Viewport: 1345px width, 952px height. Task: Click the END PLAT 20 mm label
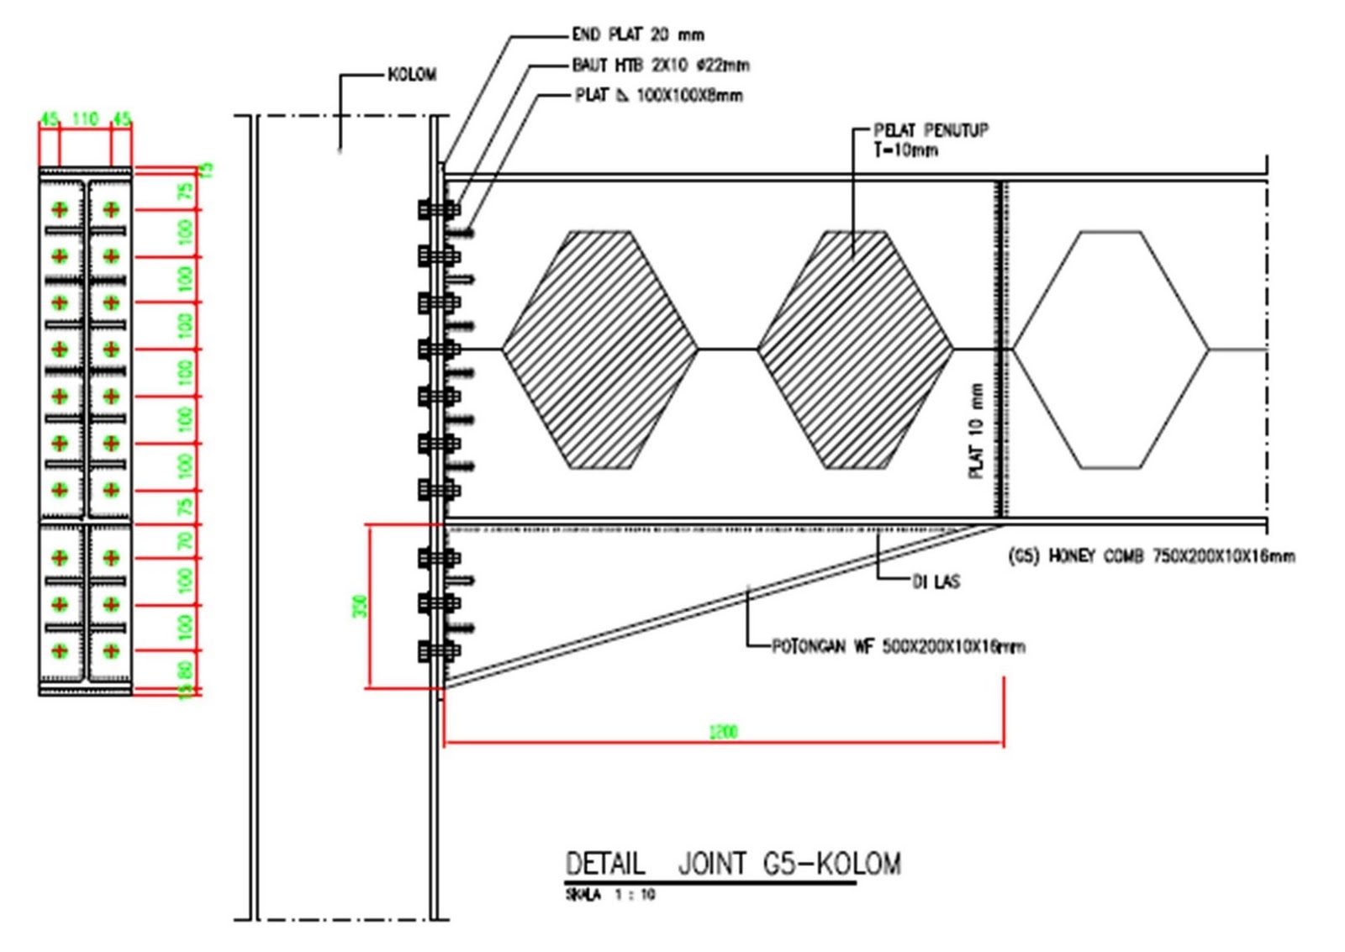pyautogui.click(x=637, y=34)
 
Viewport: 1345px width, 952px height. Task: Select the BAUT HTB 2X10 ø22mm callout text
pyautogui.click(x=660, y=65)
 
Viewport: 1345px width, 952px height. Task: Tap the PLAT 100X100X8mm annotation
pyautogui.click(x=658, y=95)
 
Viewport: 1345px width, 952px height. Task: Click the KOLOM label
pyautogui.click(x=412, y=75)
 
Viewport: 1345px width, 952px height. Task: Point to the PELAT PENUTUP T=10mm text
pyautogui.click(x=930, y=139)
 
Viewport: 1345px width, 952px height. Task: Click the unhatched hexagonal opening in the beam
pyautogui.click(x=1110, y=349)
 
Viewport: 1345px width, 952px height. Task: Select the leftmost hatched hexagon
pyautogui.click(x=599, y=349)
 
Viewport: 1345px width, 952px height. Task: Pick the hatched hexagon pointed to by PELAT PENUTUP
pyautogui.click(x=855, y=349)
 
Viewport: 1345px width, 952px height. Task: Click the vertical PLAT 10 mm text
pyautogui.click(x=976, y=431)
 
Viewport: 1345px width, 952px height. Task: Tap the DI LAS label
pyautogui.click(x=936, y=581)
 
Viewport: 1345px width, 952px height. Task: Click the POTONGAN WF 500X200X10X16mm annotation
pyautogui.click(x=898, y=646)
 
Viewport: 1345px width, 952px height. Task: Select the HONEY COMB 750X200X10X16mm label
pyautogui.click(x=1151, y=555)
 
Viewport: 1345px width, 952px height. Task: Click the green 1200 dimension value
pyautogui.click(x=723, y=732)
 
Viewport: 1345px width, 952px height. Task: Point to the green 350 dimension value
pyautogui.click(x=361, y=605)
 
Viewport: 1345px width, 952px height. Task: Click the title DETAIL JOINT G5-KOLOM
pyautogui.click(x=732, y=864)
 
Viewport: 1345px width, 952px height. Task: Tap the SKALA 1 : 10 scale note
pyautogui.click(x=609, y=895)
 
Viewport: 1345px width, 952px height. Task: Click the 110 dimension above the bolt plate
pyautogui.click(x=85, y=118)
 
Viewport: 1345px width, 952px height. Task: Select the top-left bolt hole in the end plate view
pyautogui.click(x=60, y=209)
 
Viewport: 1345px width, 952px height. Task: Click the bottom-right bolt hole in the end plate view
pyautogui.click(x=111, y=650)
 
